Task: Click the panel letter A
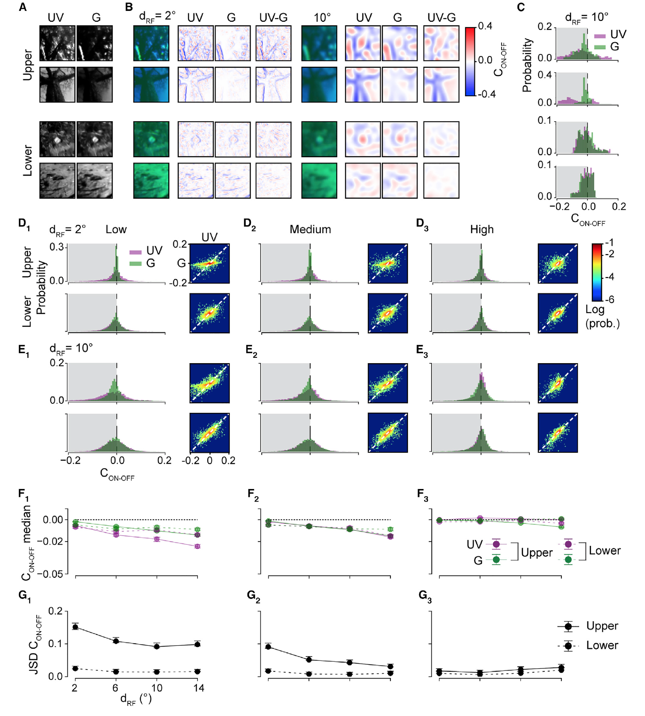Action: (x=23, y=7)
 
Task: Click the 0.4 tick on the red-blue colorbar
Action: (x=485, y=26)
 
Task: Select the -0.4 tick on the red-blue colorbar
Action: (x=486, y=94)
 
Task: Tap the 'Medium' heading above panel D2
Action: (x=310, y=229)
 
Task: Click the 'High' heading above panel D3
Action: (x=482, y=229)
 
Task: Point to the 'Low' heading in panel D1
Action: (x=116, y=229)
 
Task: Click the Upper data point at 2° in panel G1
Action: (x=75, y=627)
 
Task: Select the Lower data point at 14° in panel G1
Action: (x=197, y=671)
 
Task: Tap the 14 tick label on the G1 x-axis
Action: (x=198, y=688)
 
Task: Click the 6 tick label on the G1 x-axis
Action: (x=116, y=688)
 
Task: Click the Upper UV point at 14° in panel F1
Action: (x=197, y=546)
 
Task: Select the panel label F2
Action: (x=253, y=494)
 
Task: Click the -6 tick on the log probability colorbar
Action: (x=610, y=300)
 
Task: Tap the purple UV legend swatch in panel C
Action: (x=599, y=35)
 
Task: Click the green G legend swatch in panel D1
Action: (x=135, y=263)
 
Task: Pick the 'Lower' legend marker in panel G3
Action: (x=568, y=646)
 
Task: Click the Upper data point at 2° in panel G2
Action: (x=268, y=647)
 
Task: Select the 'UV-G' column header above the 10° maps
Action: (x=441, y=18)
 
